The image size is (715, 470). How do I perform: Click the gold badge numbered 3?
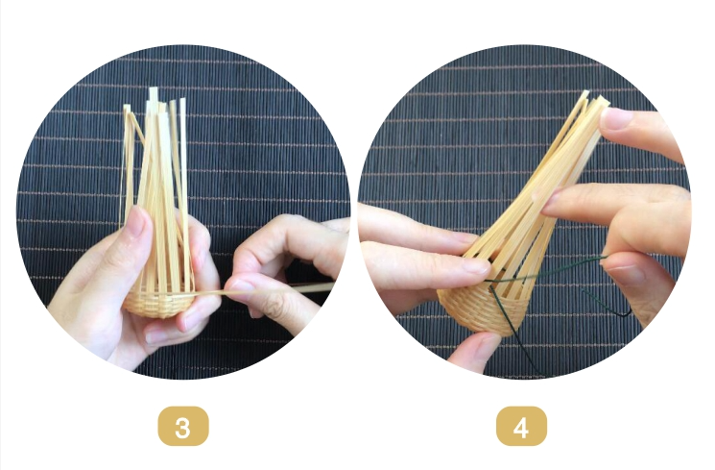[183, 426]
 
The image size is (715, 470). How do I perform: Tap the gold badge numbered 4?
[521, 426]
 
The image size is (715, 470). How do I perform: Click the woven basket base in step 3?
[157, 303]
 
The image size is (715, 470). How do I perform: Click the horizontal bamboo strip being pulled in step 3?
[265, 290]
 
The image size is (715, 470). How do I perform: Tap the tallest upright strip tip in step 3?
[154, 90]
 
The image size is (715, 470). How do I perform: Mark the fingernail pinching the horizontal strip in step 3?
[241, 286]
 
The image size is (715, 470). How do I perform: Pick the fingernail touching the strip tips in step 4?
[616, 118]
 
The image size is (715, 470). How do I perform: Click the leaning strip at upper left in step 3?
[136, 126]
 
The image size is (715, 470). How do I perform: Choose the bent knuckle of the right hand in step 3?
[279, 224]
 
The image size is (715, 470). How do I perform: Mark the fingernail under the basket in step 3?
[155, 337]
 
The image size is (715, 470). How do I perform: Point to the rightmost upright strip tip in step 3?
[183, 101]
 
